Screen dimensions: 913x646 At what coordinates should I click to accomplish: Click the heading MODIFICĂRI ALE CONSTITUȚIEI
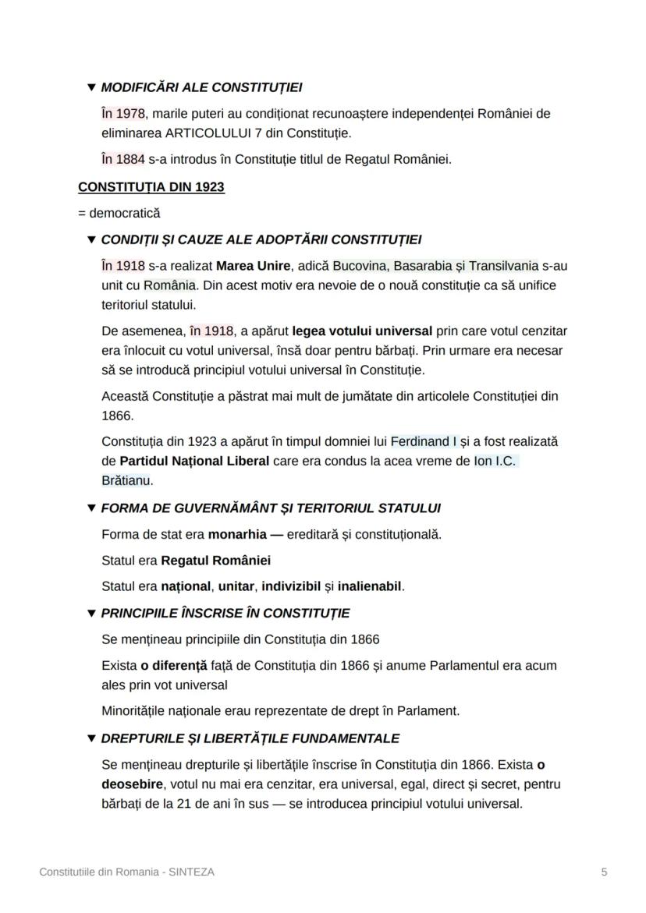click(x=201, y=87)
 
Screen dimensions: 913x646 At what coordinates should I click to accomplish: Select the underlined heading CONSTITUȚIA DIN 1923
click(x=151, y=187)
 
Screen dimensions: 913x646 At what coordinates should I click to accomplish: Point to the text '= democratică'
click(x=119, y=213)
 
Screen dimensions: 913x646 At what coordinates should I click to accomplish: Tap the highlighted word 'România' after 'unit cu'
click(x=169, y=285)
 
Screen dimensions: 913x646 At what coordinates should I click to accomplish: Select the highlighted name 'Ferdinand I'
click(x=424, y=441)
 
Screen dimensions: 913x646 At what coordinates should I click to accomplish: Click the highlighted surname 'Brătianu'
click(x=127, y=480)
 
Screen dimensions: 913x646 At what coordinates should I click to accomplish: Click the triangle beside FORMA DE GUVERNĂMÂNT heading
click(x=92, y=508)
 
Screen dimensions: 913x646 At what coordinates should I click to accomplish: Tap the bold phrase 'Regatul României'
click(x=216, y=561)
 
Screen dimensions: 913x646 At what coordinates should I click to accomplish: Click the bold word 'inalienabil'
click(x=370, y=586)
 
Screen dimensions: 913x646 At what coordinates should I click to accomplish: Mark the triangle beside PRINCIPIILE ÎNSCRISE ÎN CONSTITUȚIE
click(x=92, y=614)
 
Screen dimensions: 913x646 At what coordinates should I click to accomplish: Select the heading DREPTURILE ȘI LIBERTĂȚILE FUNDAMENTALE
click(x=250, y=738)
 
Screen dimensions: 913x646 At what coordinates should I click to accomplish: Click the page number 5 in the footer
click(x=604, y=872)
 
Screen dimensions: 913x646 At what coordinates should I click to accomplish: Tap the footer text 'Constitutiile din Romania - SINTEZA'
click(x=127, y=872)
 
